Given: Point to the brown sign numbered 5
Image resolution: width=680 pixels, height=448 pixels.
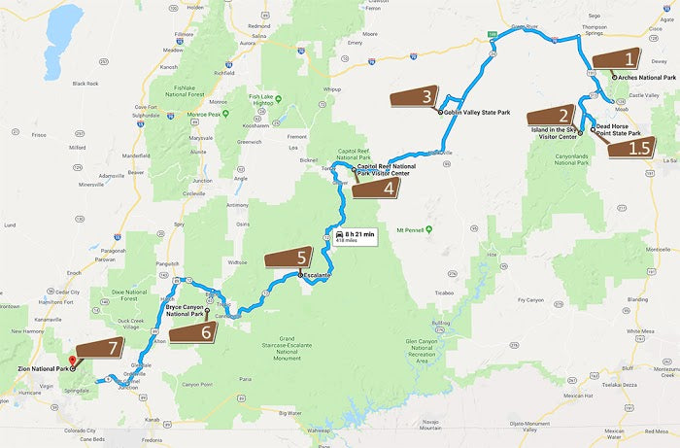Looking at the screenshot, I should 289,258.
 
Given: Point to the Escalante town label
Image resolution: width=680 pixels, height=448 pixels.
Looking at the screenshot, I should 318,277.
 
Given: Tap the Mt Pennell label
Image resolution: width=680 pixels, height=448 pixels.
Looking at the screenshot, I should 414,230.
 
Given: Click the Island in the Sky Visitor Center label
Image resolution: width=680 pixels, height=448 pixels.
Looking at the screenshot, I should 555,133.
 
